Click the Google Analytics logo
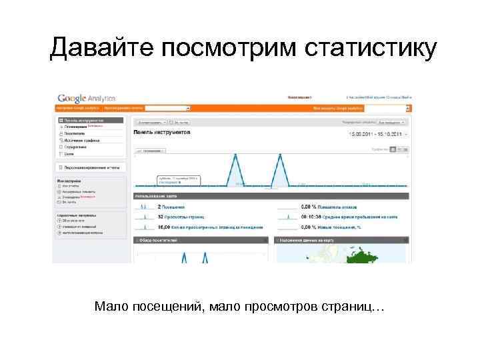pyautogui.click(x=86, y=97)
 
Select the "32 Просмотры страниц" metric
pyautogui.click(x=181, y=217)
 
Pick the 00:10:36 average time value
pyautogui.click(x=311, y=217)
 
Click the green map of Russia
pyautogui.click(x=380, y=253)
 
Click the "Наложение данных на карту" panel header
pyautogui.click(x=307, y=239)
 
